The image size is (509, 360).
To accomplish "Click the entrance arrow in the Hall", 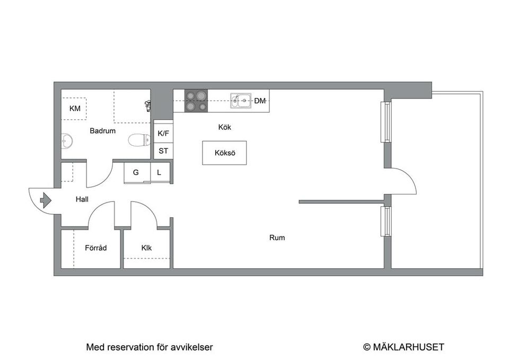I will [45, 200].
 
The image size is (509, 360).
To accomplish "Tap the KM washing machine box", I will [75, 109].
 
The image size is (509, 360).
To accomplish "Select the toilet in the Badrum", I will [139, 140].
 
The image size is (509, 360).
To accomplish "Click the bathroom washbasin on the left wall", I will [67, 141].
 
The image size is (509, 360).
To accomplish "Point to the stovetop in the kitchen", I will [196, 101].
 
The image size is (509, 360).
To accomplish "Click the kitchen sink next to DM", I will [241, 100].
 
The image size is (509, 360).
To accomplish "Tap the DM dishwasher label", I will [260, 101].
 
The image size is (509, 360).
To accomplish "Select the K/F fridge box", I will [163, 134].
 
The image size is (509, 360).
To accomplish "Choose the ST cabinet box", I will [163, 151].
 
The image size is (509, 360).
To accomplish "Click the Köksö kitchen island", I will [224, 153].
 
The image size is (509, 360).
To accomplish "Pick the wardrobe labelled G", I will [136, 172].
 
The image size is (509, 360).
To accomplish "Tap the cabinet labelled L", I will [160, 172].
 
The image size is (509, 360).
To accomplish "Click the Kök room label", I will [225, 127].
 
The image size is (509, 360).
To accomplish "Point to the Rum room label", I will [277, 238].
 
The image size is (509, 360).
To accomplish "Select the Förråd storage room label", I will [96, 248].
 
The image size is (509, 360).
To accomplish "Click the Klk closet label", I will [146, 248].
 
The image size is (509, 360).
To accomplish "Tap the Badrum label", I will [102, 131].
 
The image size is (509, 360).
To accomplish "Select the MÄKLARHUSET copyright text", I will [403, 347].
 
